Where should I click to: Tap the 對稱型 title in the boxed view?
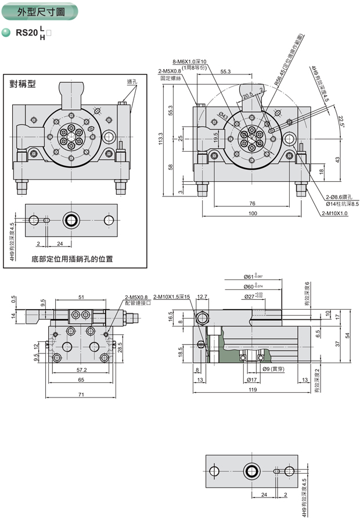tap(23, 84)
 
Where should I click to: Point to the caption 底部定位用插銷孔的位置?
tap(73, 259)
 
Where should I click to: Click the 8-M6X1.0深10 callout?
tap(189, 61)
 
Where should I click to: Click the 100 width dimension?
tap(252, 214)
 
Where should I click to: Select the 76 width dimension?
tap(251, 203)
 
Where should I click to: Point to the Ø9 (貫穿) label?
tap(273, 369)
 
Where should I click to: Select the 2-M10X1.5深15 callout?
tap(172, 297)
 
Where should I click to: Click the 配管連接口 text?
tap(137, 303)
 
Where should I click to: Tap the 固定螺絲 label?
tap(170, 77)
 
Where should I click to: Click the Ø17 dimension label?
tap(252, 380)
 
